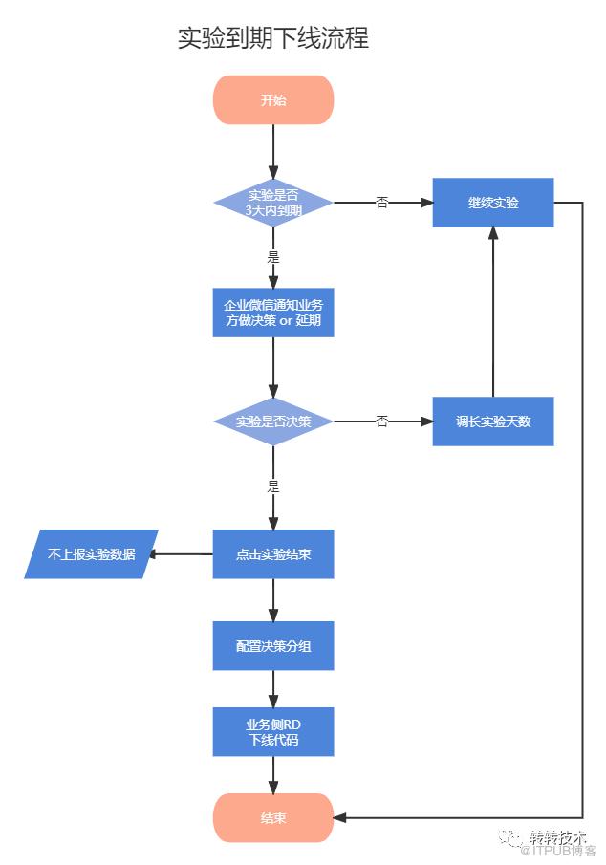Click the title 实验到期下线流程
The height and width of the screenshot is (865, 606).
(273, 38)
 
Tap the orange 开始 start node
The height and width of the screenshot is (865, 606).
(273, 99)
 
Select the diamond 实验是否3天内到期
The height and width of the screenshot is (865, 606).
(273, 203)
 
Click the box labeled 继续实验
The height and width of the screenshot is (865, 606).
(493, 203)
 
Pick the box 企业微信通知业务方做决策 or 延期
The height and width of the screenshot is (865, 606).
(273, 313)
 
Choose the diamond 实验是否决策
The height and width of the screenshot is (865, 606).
(273, 422)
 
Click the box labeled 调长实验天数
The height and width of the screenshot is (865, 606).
(493, 422)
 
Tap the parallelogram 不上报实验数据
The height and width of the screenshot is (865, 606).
(91, 553)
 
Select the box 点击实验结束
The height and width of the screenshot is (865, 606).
(273, 553)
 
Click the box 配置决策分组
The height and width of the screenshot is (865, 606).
(273, 645)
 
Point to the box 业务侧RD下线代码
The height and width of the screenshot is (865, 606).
(273, 731)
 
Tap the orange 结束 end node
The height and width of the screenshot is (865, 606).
(273, 817)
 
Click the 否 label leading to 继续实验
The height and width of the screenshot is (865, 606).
(382, 202)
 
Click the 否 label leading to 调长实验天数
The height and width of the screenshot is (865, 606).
(382, 421)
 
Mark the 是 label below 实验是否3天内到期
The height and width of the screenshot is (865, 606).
(273, 257)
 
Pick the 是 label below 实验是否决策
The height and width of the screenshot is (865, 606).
(273, 487)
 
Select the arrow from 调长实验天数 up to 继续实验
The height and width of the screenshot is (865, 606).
(493, 312)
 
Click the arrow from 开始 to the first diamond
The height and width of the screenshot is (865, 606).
(273, 151)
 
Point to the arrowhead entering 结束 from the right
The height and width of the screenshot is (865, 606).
(340, 817)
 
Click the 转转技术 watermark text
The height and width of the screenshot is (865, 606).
(556, 837)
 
